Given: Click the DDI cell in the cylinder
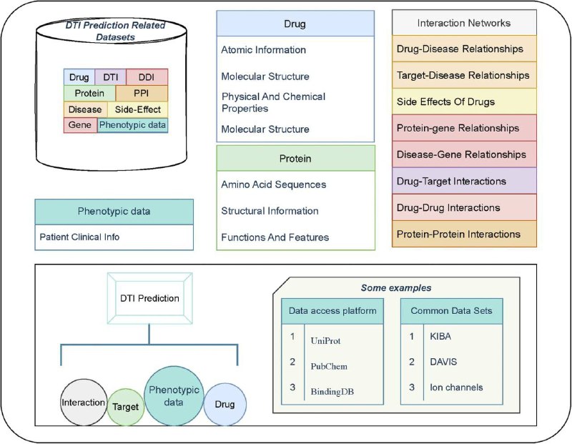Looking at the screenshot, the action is [147, 77].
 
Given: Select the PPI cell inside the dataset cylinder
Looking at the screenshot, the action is [142, 94].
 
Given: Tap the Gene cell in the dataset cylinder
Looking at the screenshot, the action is [80, 125].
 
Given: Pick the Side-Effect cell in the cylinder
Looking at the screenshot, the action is [137, 109].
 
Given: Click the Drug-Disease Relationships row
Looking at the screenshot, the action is [464, 49].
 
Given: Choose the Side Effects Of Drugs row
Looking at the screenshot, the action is [464, 102].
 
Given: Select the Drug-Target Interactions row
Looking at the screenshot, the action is [464, 181].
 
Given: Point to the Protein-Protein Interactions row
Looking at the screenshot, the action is [464, 234].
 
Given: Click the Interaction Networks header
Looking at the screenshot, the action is [464, 23].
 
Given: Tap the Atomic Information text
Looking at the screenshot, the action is [263, 49].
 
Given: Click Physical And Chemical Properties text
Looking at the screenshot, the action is [273, 102].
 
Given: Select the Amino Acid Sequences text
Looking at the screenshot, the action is [274, 184].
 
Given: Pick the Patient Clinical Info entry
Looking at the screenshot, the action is [79, 237].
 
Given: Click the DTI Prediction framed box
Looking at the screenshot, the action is [149, 298].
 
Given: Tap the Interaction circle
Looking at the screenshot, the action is [84, 402].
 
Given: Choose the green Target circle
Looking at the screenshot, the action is [126, 407].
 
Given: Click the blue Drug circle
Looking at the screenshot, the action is [225, 404].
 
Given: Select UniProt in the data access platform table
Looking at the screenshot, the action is [325, 341].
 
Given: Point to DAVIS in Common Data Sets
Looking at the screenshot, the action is [443, 362].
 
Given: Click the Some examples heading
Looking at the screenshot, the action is [396, 288].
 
